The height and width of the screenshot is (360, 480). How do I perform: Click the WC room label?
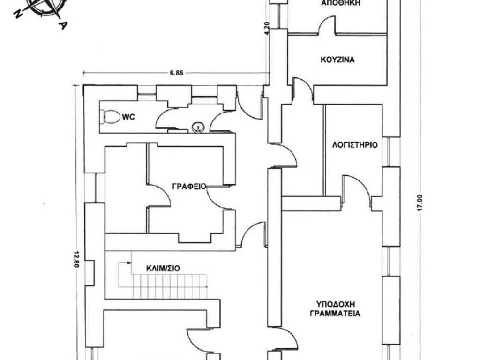tap(128, 117)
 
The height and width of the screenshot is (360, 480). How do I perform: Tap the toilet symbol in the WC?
tap(110, 117)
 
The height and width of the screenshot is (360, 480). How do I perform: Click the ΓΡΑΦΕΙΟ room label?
tap(189, 186)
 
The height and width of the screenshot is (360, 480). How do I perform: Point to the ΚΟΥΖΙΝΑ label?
tap(337, 60)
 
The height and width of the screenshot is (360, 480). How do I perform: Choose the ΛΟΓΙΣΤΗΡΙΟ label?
tap(355, 145)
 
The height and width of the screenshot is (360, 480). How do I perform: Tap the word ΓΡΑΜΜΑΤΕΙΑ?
tap(335, 314)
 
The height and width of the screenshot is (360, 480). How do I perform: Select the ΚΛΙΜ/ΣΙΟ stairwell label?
tap(163, 269)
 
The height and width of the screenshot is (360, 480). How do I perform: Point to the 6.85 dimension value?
tap(177, 73)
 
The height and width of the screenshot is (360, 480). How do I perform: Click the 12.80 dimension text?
tap(76, 259)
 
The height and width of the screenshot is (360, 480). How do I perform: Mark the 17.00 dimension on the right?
tap(420, 202)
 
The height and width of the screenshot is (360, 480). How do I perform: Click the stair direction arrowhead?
tap(130, 262)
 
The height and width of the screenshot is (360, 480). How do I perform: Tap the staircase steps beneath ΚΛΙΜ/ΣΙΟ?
tap(170, 286)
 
